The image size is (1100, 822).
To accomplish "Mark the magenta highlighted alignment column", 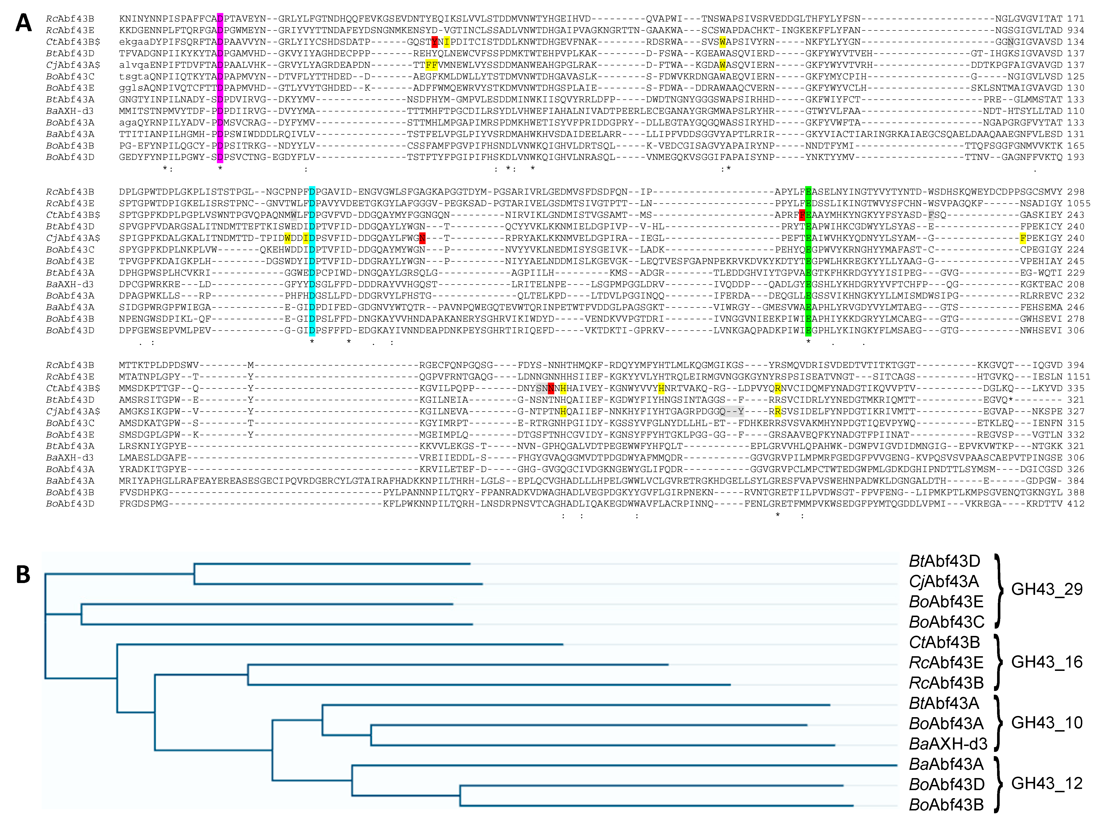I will pos(220,88).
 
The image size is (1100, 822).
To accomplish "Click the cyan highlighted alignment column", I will pos(312,261).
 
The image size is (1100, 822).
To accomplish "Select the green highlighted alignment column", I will pos(808,261).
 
